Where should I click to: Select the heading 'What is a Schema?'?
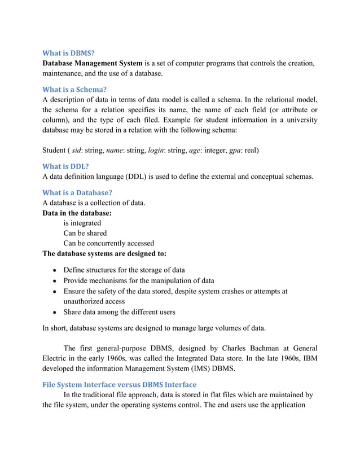[75, 89]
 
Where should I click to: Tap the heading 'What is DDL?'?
[66, 166]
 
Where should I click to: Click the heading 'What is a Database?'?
[78, 192]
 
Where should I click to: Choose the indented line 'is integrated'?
[82, 223]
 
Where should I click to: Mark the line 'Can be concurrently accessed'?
[108, 243]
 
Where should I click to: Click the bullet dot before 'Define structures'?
[52, 271]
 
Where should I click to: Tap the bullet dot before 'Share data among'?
[52, 313]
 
